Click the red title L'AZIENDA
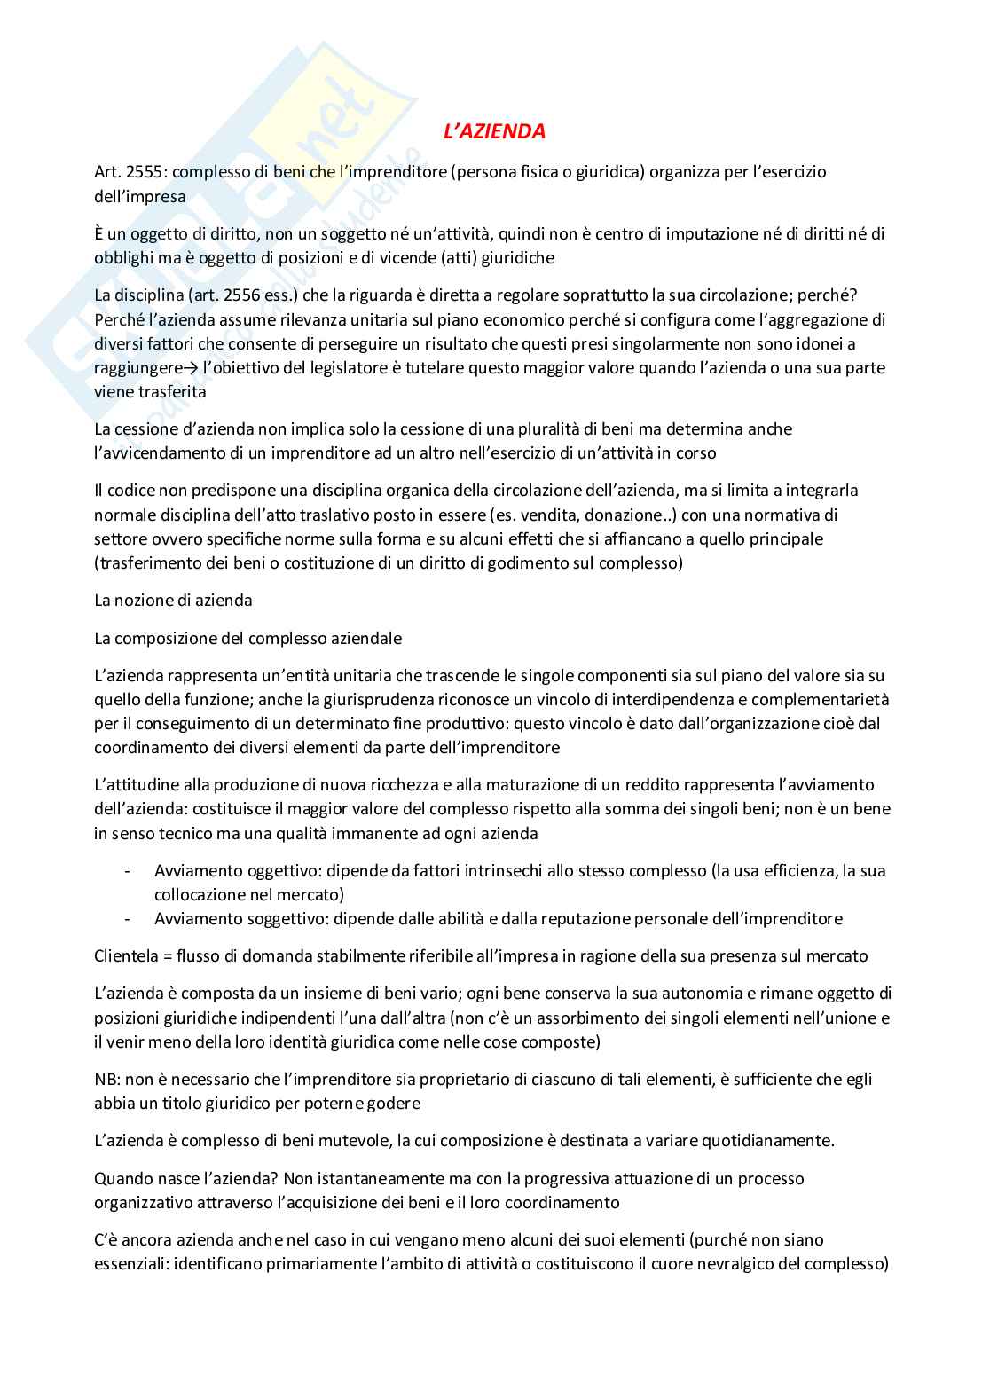494,131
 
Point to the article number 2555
146,172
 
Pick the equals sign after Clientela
168,956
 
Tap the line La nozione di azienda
173,601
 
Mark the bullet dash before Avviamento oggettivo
129,871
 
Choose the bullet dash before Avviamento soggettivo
129,919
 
